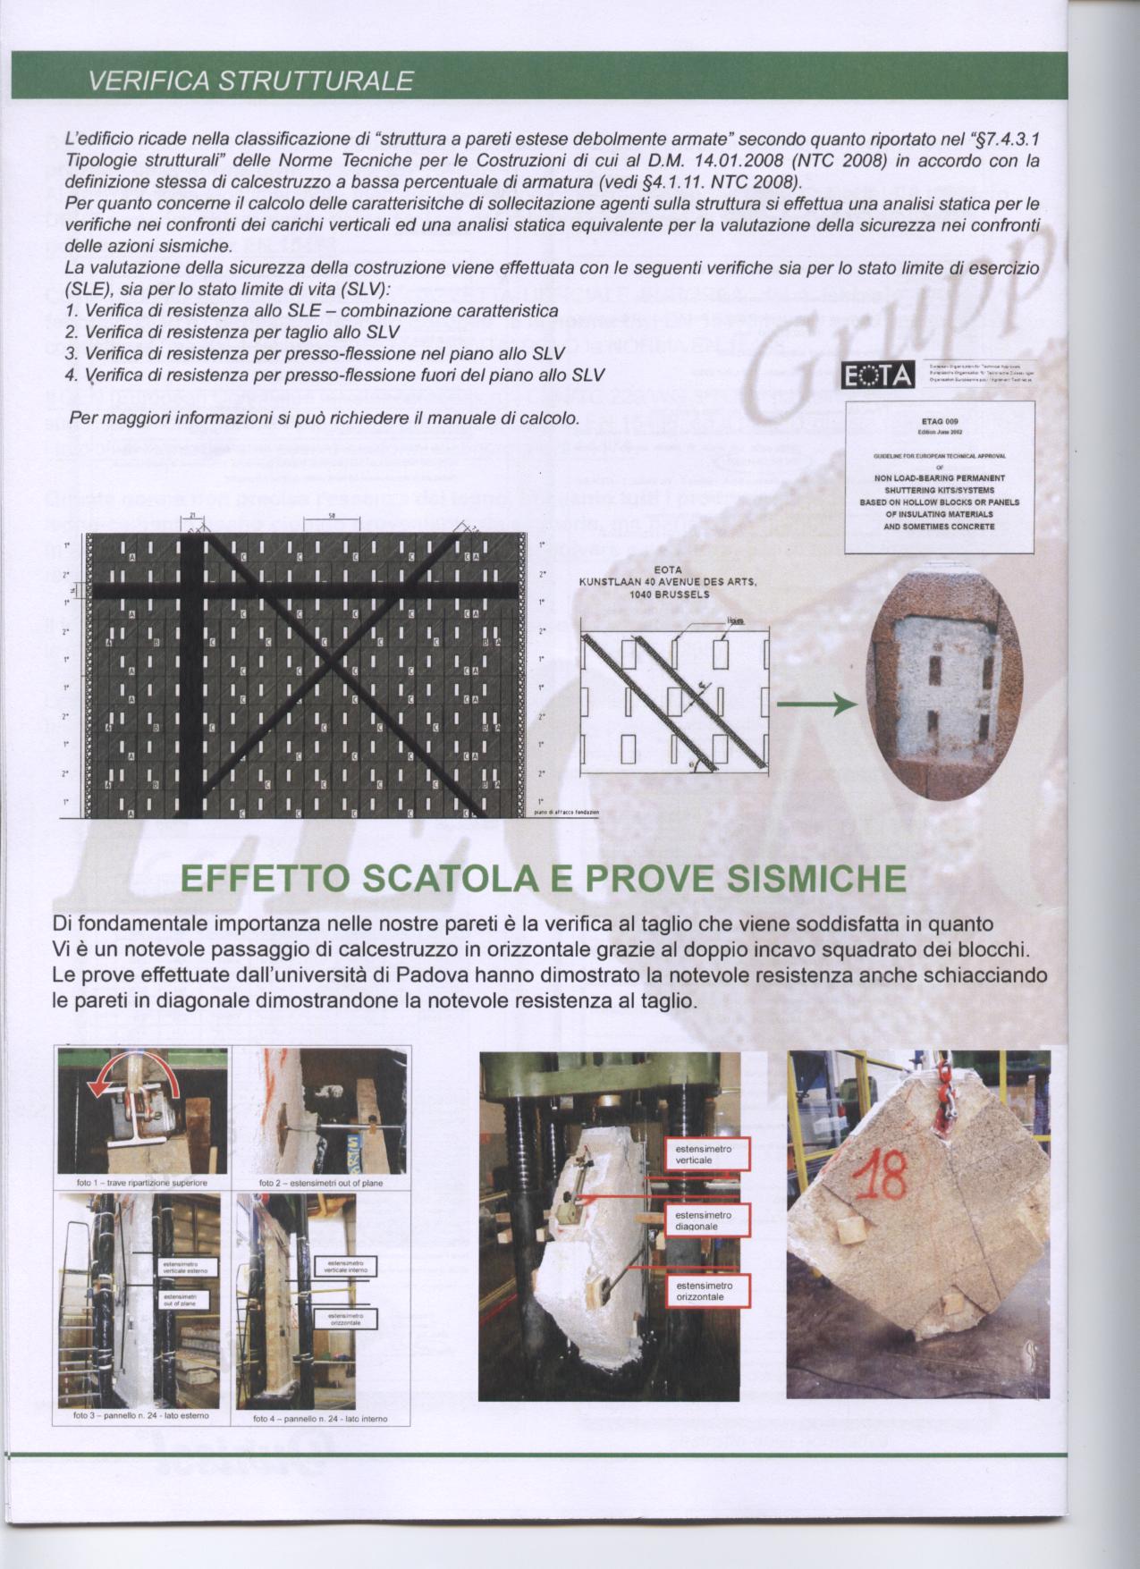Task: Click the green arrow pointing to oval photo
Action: (811, 706)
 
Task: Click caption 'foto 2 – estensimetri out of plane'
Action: (319, 1183)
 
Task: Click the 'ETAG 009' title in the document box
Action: (939, 419)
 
